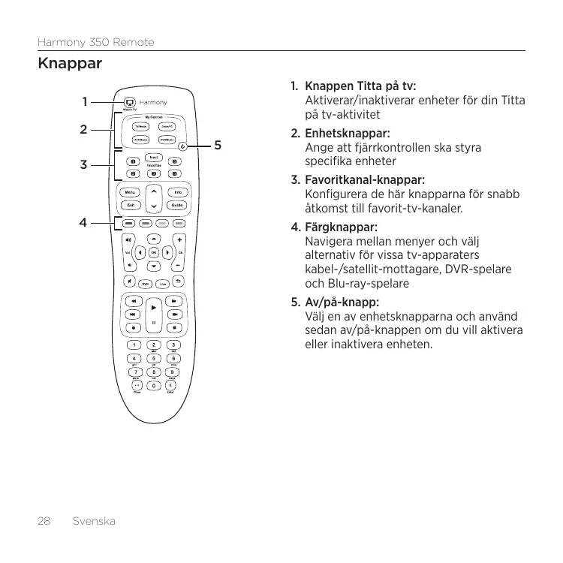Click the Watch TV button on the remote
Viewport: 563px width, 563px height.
[128, 102]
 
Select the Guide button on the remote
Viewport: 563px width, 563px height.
[177, 206]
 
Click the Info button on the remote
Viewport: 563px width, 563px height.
[177, 193]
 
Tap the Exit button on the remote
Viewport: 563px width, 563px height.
[131, 206]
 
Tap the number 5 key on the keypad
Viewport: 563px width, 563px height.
[154, 358]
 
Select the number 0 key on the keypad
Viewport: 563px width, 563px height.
[154, 386]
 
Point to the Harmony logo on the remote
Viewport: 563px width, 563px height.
[153, 103]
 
